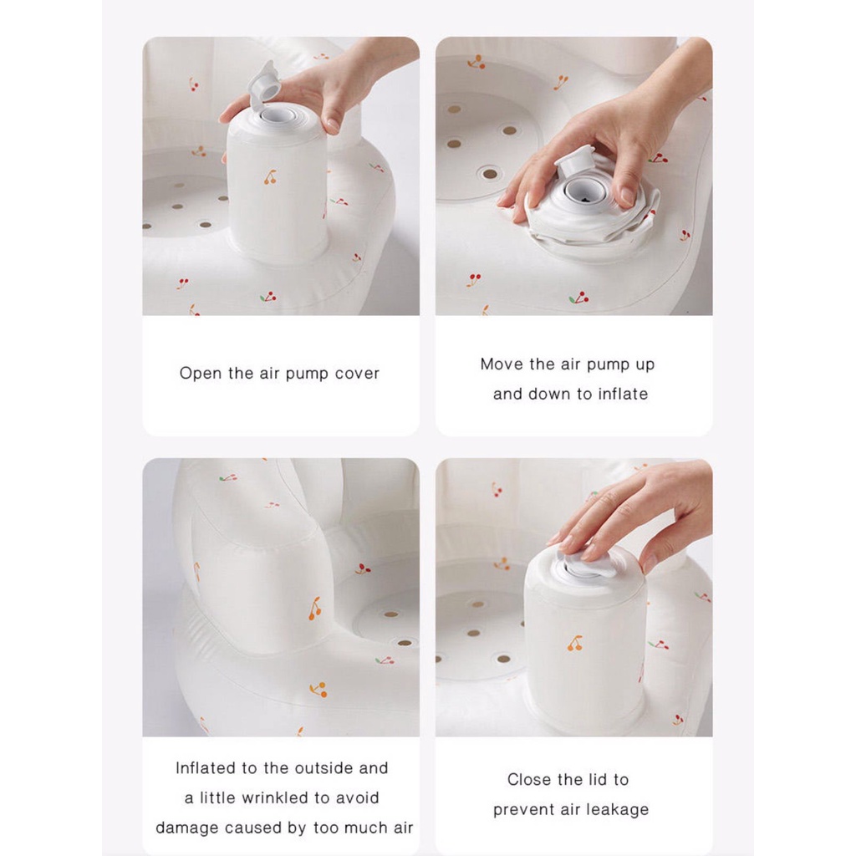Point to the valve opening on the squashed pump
point(583,191)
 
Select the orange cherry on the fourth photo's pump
point(574,643)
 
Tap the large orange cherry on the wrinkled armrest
point(315,609)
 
